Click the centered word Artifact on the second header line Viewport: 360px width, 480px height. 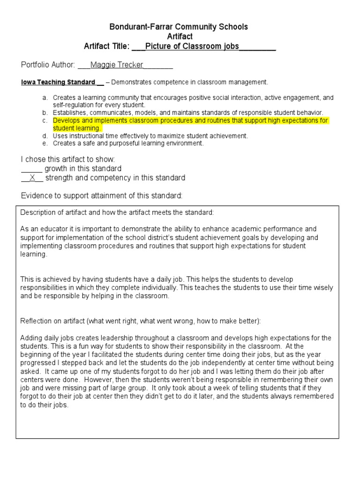click(x=180, y=36)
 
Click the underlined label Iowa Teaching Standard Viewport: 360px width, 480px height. click(x=58, y=82)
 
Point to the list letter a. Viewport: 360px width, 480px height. click(x=45, y=98)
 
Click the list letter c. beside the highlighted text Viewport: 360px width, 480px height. click(x=45, y=121)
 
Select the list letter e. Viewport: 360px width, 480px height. click(x=45, y=143)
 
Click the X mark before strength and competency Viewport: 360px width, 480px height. click(x=32, y=178)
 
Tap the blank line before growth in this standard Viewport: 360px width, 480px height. click(x=32, y=168)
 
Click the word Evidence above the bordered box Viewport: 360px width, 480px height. click(x=38, y=195)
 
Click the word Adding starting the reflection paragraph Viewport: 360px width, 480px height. click(x=31, y=338)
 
